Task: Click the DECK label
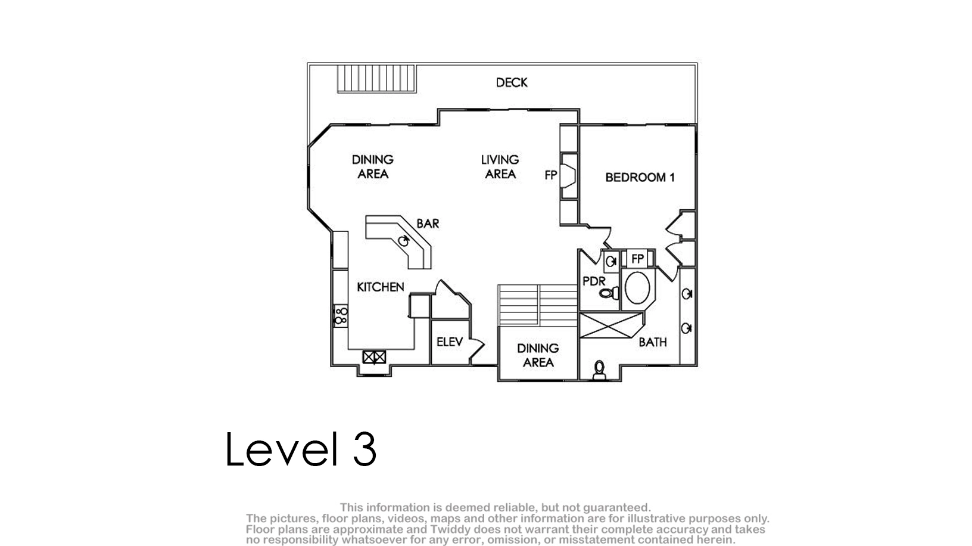tap(512, 82)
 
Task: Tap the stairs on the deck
tap(376, 79)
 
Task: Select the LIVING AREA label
tap(500, 167)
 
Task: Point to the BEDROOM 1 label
tap(640, 177)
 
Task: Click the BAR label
tap(428, 224)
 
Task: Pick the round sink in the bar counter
tap(404, 241)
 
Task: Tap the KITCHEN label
tap(381, 287)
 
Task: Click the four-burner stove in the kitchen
tap(341, 316)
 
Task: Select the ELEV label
tap(450, 342)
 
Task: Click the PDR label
tap(594, 281)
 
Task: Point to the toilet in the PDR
tap(609, 293)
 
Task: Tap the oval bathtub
tap(637, 287)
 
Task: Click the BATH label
tap(653, 342)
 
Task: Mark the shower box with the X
tap(611, 325)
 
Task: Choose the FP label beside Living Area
tap(551, 175)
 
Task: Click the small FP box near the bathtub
tap(637, 259)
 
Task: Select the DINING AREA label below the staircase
tap(538, 355)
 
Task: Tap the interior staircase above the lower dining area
tap(538, 305)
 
